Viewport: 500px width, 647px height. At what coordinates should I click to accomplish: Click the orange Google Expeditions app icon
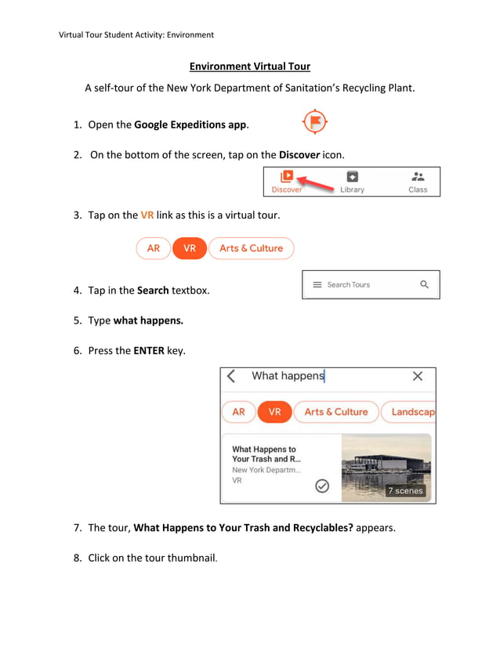(315, 122)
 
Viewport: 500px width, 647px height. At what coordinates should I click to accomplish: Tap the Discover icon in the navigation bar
(287, 177)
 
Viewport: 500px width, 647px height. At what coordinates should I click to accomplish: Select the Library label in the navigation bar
(352, 190)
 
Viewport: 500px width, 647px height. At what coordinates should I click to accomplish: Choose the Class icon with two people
(418, 177)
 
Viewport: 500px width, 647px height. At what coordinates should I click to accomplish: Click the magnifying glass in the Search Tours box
(424, 284)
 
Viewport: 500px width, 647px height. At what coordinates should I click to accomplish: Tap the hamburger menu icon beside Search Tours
(317, 284)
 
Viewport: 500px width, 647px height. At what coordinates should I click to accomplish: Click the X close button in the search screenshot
(418, 376)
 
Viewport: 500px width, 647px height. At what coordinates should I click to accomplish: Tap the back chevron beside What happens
(231, 376)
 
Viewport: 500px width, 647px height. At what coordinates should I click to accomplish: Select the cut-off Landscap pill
(411, 412)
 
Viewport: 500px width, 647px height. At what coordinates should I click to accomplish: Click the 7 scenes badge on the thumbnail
(405, 491)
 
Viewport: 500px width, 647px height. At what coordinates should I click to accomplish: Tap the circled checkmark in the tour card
(322, 486)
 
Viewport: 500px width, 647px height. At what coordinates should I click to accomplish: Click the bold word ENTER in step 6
(149, 351)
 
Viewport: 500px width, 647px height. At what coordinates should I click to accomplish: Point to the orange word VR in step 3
(147, 215)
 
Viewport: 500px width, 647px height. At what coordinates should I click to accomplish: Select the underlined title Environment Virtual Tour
(250, 67)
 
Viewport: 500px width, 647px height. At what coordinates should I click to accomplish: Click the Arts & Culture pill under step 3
(251, 248)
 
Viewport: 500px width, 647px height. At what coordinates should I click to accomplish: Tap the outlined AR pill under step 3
(153, 248)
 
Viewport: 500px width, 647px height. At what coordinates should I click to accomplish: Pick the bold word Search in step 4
(153, 291)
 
